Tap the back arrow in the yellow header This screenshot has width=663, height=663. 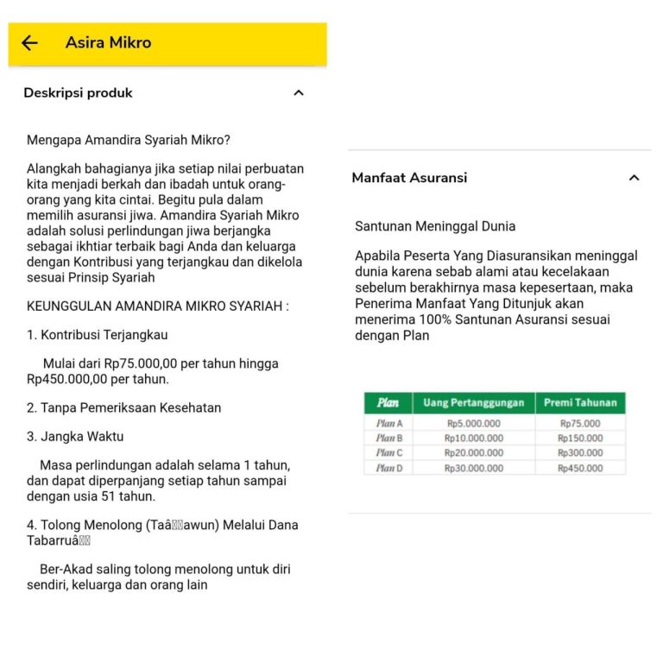[x=30, y=43]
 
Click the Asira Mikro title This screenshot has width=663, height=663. [x=108, y=42]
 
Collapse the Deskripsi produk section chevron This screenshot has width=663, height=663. [x=299, y=93]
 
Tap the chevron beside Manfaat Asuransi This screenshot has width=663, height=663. [x=634, y=178]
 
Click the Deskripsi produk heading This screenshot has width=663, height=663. [x=78, y=93]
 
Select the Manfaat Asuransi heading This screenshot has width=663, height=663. [x=409, y=178]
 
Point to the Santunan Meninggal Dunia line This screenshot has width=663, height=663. [x=435, y=226]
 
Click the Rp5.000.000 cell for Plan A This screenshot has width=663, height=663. [x=474, y=424]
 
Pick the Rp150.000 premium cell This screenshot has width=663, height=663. [x=580, y=439]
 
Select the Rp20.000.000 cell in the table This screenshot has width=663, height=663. [x=474, y=453]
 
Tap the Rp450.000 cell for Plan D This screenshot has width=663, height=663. [x=580, y=469]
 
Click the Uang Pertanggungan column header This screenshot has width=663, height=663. [x=474, y=403]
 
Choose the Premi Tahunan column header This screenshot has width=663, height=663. [x=580, y=403]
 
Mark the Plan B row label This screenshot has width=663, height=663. [x=389, y=439]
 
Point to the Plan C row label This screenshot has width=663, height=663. [x=389, y=453]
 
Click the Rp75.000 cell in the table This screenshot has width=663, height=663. [x=580, y=424]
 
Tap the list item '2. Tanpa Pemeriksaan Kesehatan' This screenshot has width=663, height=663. [x=123, y=407]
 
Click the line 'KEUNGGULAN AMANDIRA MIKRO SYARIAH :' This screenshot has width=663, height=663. [x=158, y=306]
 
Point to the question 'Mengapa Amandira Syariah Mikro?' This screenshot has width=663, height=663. [x=129, y=140]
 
